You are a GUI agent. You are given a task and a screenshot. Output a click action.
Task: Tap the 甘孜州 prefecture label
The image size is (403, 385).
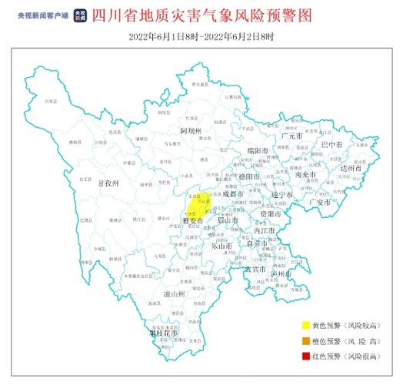coord(105,185)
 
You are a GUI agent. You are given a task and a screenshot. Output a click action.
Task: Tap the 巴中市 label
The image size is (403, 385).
coord(332,144)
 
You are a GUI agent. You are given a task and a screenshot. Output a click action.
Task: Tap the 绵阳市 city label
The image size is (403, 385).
coord(257,150)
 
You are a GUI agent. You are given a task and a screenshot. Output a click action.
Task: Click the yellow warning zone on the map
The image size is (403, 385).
coord(198,205)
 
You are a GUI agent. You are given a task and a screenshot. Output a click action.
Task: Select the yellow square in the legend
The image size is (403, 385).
coord(305,326)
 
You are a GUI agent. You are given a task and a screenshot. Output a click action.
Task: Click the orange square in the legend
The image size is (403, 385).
coord(305,341)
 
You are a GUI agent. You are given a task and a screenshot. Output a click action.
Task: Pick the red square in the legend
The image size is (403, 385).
coord(305,357)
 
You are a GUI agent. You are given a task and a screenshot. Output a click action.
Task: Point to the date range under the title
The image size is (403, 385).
coord(201,36)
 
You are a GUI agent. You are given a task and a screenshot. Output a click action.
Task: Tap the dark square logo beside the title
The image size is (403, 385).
coord(79,15)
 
